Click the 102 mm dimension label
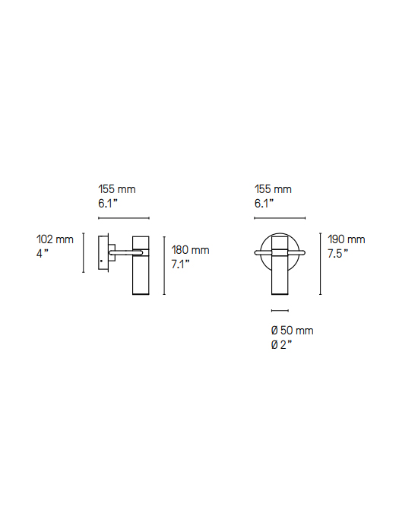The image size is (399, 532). click(55, 239)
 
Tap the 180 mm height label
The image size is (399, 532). click(190, 250)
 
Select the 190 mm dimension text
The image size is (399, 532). click(347, 239)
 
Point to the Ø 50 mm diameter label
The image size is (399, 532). click(292, 331)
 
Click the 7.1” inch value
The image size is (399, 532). click(181, 264)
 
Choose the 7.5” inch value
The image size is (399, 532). click(338, 253)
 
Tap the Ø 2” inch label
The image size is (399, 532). click(282, 345)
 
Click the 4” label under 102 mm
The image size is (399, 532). click(43, 253)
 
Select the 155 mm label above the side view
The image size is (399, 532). click(117, 189)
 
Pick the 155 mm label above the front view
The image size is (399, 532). click(273, 189)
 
